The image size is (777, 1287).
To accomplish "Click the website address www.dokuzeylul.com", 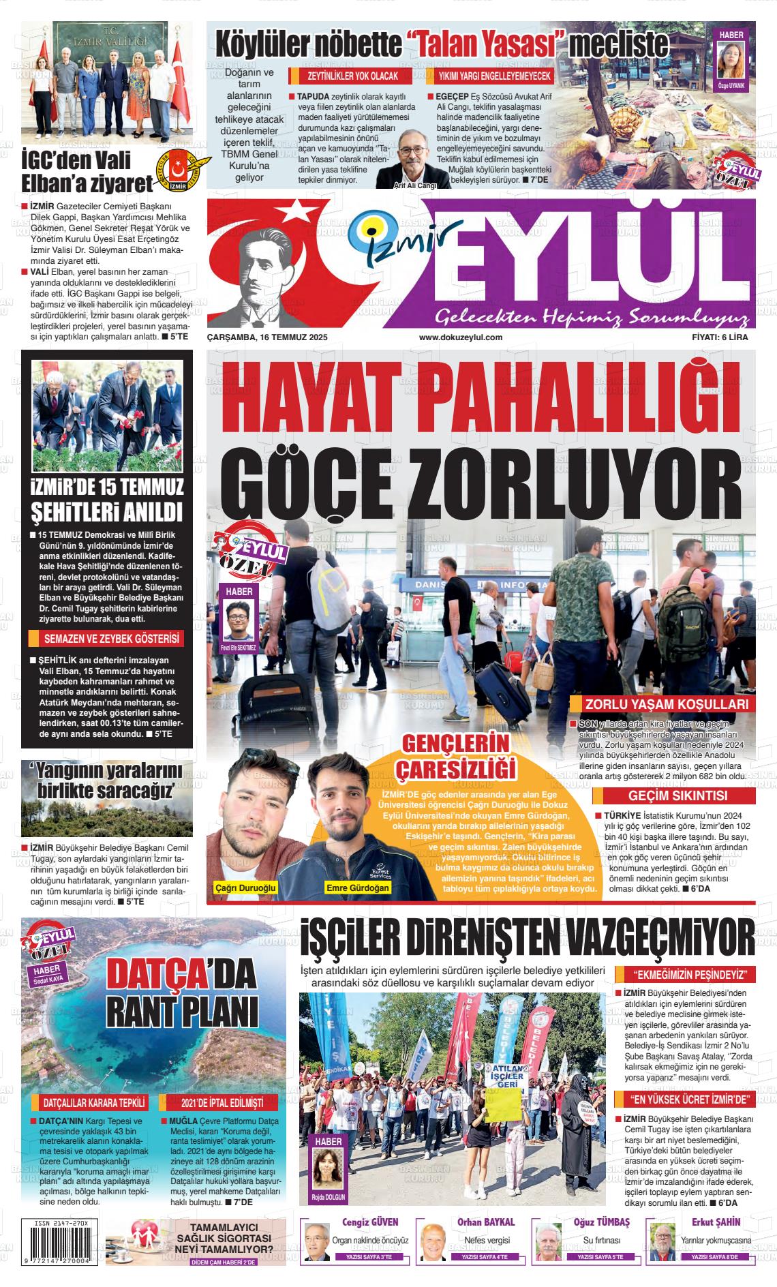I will pyautogui.click(x=461, y=337).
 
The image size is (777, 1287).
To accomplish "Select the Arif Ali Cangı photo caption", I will pyautogui.click(x=415, y=185).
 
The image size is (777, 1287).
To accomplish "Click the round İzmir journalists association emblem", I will pyautogui.click(x=178, y=170).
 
